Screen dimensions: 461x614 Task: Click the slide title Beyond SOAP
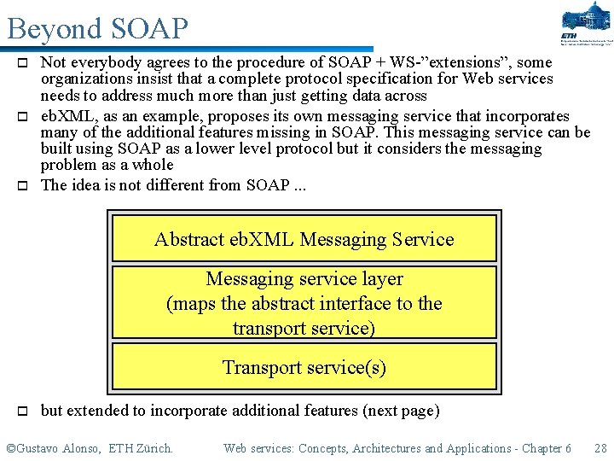point(97,28)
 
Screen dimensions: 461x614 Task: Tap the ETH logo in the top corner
point(586,23)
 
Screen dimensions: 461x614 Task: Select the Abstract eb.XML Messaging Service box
point(304,239)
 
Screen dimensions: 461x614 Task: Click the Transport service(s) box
point(304,367)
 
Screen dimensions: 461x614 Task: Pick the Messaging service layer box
point(304,303)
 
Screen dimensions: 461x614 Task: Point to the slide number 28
point(600,448)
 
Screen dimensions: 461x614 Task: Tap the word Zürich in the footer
point(153,448)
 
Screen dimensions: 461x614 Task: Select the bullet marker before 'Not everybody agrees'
point(25,63)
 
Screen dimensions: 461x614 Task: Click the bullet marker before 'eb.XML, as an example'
point(25,116)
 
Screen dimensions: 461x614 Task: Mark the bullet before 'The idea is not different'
point(25,185)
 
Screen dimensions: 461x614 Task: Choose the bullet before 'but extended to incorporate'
point(25,411)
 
